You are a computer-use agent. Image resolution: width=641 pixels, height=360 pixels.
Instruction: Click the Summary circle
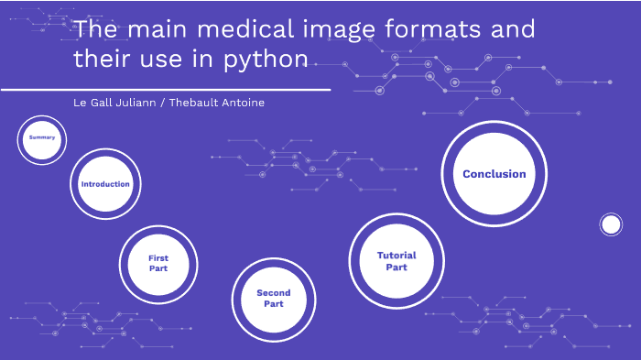pos(42,138)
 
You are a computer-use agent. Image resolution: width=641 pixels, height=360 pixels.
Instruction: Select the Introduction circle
pos(105,184)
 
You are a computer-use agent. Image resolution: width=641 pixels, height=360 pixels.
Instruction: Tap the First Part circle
pos(158,264)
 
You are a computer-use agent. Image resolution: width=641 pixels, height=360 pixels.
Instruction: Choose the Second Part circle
pos(273,299)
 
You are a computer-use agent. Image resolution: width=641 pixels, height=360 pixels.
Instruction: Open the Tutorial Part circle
pos(397,261)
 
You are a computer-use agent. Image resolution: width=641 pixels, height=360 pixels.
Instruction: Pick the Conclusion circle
pos(494,174)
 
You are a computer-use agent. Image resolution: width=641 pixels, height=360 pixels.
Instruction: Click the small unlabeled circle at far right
pos(611,224)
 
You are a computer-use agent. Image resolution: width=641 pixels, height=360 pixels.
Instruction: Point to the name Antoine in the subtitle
pos(243,103)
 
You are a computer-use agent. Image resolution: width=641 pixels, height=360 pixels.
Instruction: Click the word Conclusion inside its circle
pos(494,174)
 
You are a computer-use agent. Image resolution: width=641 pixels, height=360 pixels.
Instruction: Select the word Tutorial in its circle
pos(397,256)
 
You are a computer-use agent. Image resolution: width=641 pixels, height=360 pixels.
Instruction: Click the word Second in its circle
pos(273,293)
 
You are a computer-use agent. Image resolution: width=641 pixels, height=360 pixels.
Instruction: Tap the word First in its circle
pos(158,258)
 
